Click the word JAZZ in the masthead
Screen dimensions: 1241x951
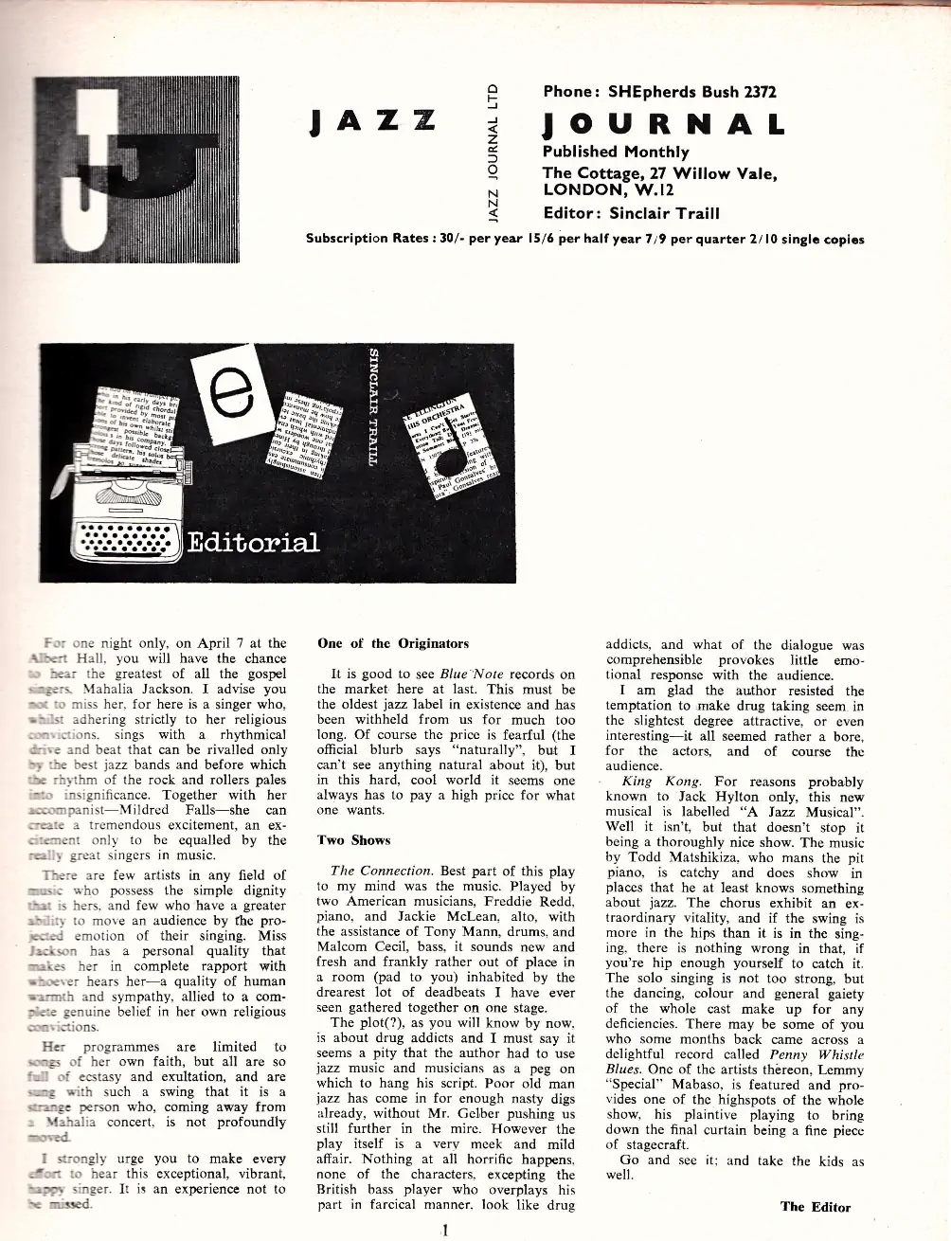[373, 122]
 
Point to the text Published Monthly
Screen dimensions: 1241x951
[616, 152]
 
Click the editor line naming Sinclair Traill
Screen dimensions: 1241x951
[631, 213]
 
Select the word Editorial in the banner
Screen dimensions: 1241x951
[253, 542]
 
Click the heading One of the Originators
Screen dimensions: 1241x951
[393, 643]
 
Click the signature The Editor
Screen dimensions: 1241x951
[816, 1206]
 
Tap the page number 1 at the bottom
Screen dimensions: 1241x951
[443, 1231]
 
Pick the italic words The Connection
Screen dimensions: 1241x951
[374, 871]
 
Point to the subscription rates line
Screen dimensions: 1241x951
[584, 239]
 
